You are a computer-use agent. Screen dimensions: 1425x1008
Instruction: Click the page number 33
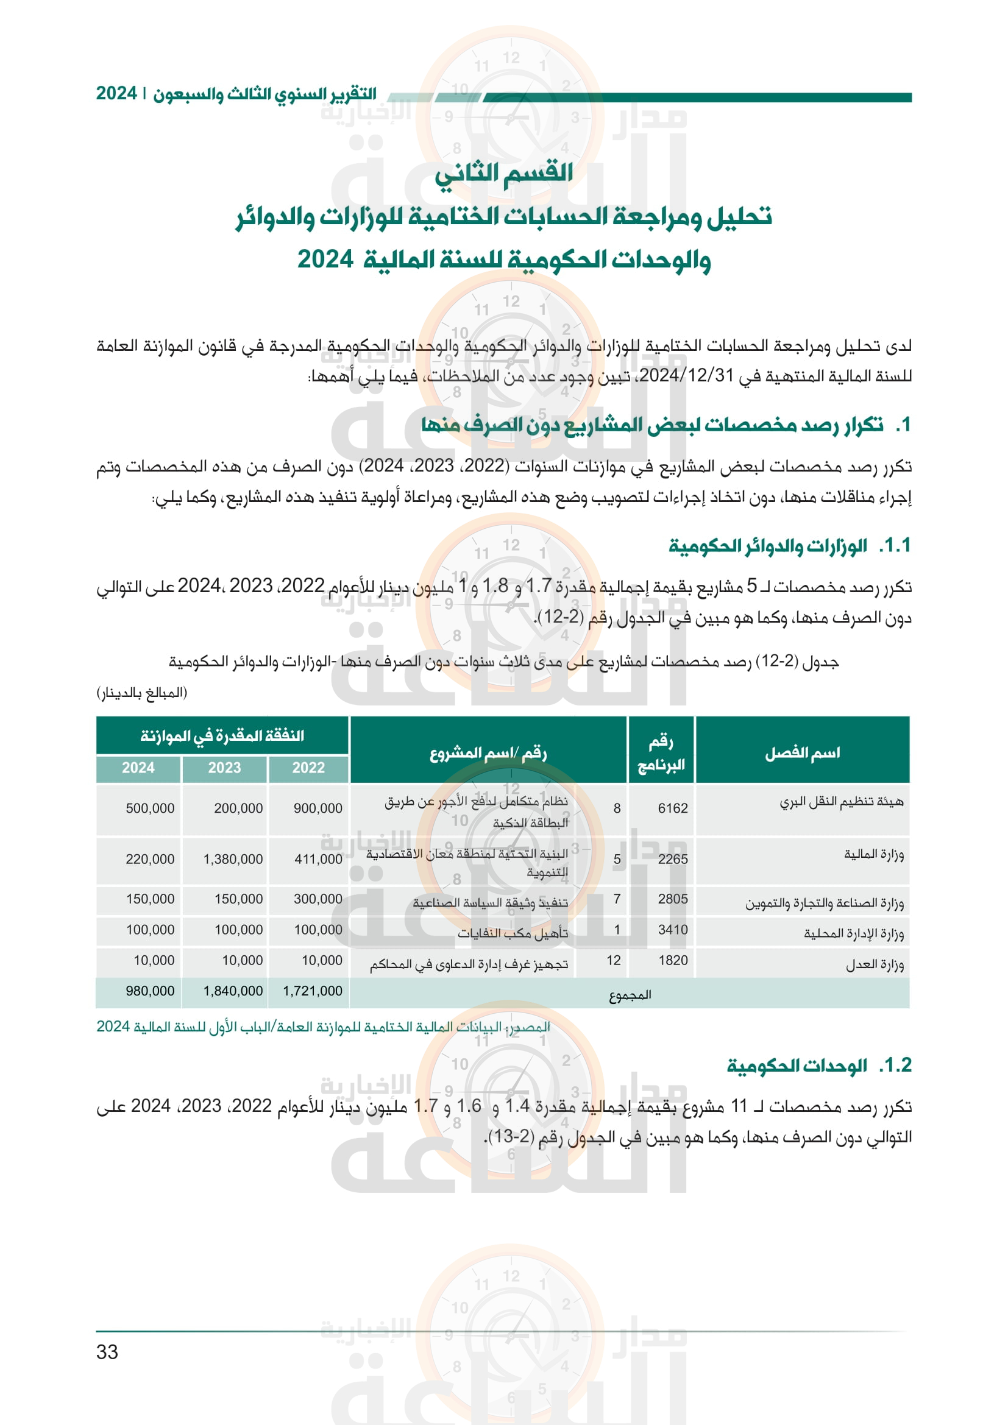point(107,1351)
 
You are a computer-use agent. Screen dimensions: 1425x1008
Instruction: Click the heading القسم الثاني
point(503,173)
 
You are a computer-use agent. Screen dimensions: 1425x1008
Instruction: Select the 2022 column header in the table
point(308,768)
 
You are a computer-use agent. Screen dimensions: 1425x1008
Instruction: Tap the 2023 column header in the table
point(224,768)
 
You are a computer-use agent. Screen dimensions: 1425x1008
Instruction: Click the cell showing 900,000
point(318,808)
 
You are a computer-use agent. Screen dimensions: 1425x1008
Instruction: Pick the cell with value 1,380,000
point(233,859)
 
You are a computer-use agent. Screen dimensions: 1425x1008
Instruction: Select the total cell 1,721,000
point(313,991)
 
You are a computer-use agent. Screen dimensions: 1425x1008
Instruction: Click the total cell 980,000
point(150,991)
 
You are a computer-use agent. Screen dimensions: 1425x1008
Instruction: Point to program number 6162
point(673,808)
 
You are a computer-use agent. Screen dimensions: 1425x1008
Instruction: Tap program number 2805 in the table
point(673,899)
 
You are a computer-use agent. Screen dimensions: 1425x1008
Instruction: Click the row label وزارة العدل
point(875,964)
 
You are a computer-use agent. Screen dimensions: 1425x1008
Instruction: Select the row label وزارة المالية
point(873,855)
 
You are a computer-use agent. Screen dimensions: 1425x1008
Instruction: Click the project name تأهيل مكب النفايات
point(513,933)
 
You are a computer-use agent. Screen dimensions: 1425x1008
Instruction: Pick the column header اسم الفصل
point(802,753)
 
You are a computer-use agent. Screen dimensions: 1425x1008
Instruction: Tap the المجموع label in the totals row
point(630,995)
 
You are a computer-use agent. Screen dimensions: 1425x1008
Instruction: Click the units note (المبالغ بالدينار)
point(141,692)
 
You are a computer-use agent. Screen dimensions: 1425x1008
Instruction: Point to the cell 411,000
point(318,859)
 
